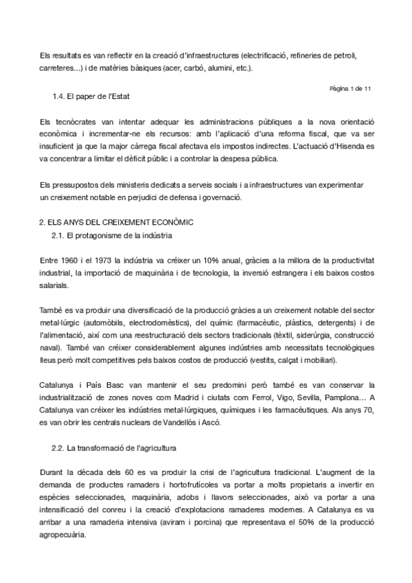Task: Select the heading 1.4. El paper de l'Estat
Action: point(91,96)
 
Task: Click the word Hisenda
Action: point(349,148)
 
